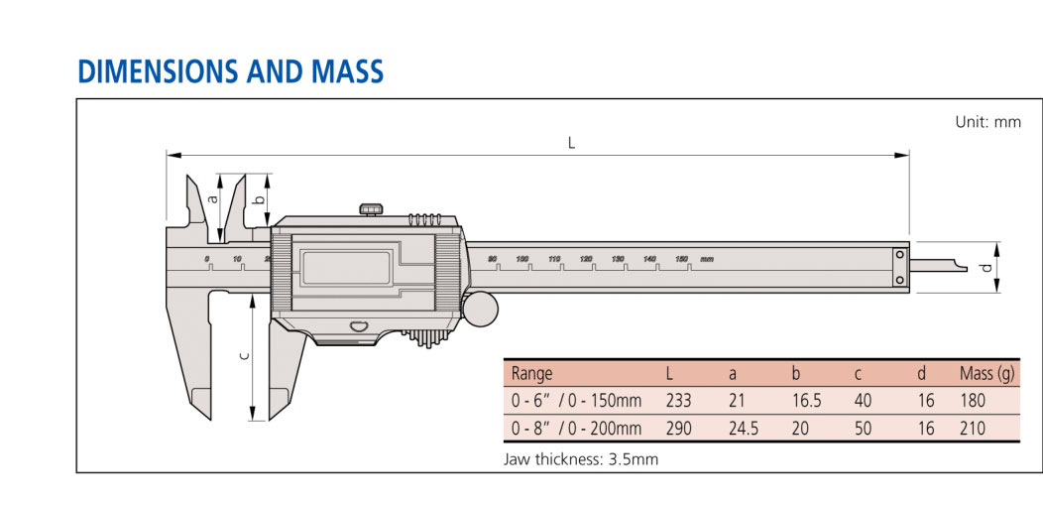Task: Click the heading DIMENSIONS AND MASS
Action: click(230, 71)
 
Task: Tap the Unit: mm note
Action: click(987, 122)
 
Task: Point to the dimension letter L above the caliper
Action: click(571, 142)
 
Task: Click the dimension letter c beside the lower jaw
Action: click(244, 355)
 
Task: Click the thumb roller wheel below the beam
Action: click(480, 308)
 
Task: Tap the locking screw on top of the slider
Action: click(372, 207)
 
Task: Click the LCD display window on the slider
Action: click(346, 267)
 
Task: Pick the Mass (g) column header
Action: click(986, 374)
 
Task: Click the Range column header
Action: click(531, 374)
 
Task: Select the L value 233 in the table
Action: click(678, 401)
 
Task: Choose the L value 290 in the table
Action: click(678, 429)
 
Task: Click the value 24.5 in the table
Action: click(743, 429)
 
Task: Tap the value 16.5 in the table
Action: click(806, 401)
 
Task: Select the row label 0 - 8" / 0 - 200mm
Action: click(576, 429)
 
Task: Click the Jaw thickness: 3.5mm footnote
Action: click(581, 459)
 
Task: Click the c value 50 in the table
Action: click(864, 429)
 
